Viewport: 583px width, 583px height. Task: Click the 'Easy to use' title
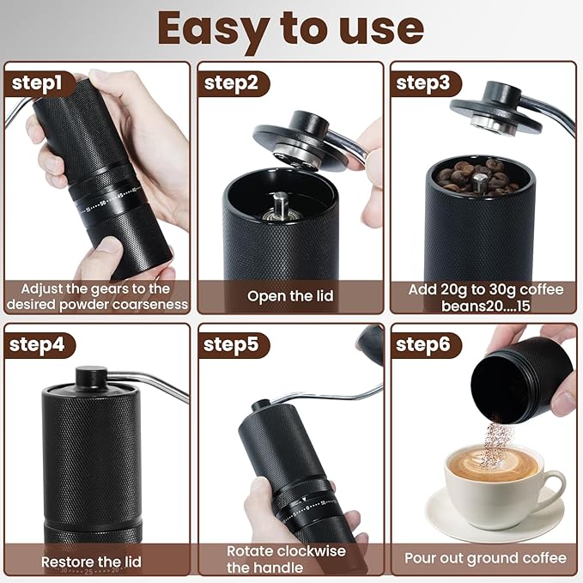pyautogui.click(x=291, y=28)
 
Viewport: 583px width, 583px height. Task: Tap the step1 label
pyautogui.click(x=37, y=83)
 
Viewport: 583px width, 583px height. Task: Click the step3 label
pyautogui.click(x=424, y=83)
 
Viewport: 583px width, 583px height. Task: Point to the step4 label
pyautogui.click(x=37, y=345)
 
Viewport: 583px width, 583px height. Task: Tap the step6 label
pyautogui.click(x=424, y=345)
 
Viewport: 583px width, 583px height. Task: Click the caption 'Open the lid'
pyautogui.click(x=290, y=296)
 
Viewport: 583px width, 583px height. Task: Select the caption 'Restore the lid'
pyautogui.click(x=92, y=562)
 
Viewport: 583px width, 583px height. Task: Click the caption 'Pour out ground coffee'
pyautogui.click(x=485, y=558)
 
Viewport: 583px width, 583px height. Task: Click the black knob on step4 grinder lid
pyautogui.click(x=91, y=376)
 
